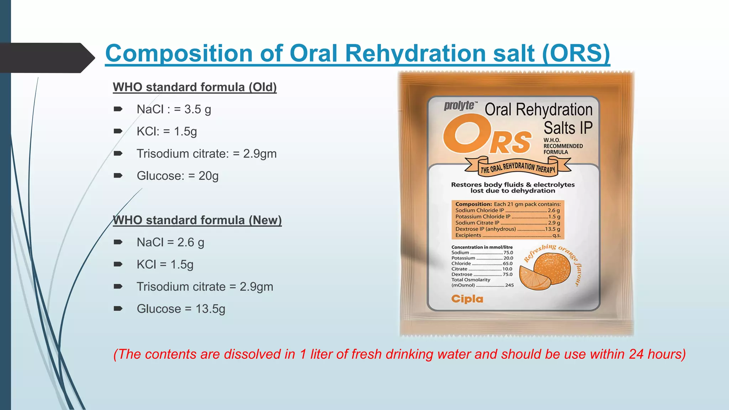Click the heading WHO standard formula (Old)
point(194,87)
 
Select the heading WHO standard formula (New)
point(197,220)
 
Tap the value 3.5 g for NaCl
point(198,109)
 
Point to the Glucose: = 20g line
point(177,176)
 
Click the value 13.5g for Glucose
point(210,309)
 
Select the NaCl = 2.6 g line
point(170,242)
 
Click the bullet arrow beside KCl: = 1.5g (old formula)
point(118,131)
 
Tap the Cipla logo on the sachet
point(467,299)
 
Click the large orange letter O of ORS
point(466,135)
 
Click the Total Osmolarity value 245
point(509,285)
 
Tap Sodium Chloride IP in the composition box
point(479,210)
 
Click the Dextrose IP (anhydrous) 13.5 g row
point(507,229)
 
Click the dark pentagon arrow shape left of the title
point(46,58)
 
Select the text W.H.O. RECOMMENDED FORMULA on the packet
point(562,146)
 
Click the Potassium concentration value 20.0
point(508,258)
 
